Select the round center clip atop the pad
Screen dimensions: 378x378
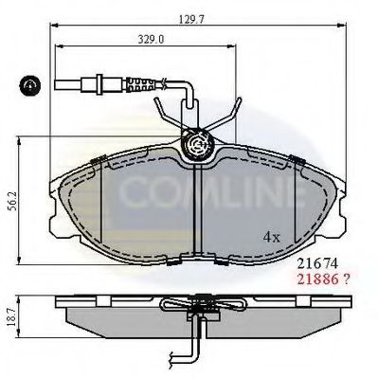tap(197, 144)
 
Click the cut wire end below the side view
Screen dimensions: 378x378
tap(174, 358)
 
